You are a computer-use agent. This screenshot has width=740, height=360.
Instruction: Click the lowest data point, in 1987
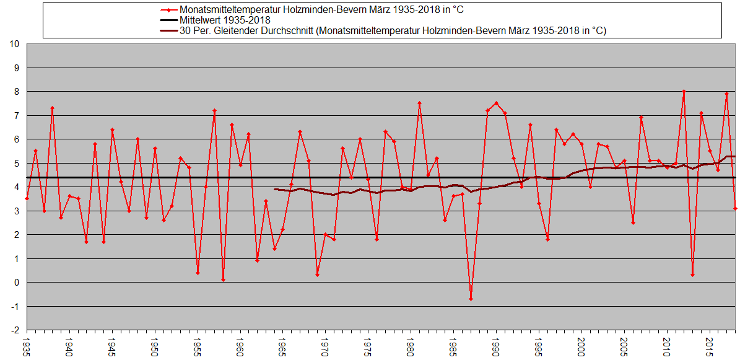[x=471, y=299]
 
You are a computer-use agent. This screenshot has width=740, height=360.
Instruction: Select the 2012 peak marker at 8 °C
[x=684, y=91]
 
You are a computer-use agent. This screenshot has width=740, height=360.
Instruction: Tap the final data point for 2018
[x=735, y=208]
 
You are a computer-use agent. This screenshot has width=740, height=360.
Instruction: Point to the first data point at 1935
[x=27, y=198]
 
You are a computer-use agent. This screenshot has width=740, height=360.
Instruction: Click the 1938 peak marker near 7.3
[x=52, y=108]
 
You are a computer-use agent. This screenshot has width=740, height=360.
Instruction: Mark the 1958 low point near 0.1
[x=223, y=280]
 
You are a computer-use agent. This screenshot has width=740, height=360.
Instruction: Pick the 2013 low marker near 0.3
[x=692, y=275]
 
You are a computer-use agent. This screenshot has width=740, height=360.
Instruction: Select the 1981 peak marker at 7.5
[x=419, y=103]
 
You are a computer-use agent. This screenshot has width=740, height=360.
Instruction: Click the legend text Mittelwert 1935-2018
[x=225, y=20]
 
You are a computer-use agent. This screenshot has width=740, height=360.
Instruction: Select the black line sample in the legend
[x=167, y=20]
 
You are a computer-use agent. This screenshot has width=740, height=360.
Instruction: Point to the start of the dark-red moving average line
[x=274, y=189]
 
